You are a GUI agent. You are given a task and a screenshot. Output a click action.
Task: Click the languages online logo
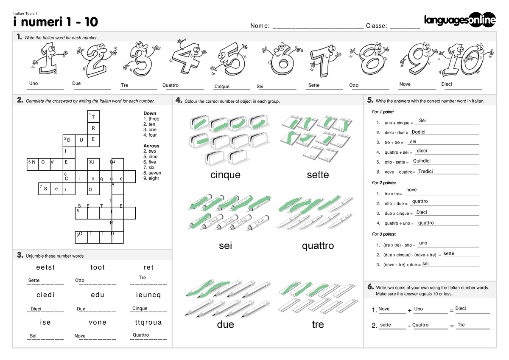pyautogui.click(x=460, y=20)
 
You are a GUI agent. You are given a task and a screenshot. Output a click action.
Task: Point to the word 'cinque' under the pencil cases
pyautogui.click(x=225, y=175)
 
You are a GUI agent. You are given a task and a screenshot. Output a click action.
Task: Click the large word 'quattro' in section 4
pyautogui.click(x=318, y=246)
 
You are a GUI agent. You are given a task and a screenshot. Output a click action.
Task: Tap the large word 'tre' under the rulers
pyautogui.click(x=318, y=325)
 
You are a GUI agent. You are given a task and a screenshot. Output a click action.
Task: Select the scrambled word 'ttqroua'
pyautogui.click(x=148, y=322)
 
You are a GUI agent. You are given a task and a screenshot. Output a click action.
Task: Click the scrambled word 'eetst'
pyautogui.click(x=46, y=267)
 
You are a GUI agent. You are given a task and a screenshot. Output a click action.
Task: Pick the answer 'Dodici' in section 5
pyautogui.click(x=418, y=132)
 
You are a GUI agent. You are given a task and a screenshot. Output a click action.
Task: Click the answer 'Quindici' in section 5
pyautogui.click(x=422, y=161)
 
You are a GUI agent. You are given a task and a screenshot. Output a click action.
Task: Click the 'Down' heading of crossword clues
pyautogui.click(x=150, y=114)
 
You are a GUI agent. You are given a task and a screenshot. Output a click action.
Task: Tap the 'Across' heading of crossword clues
pyautogui.click(x=151, y=146)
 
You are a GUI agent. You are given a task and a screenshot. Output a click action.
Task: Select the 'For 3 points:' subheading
pyautogui.click(x=384, y=234)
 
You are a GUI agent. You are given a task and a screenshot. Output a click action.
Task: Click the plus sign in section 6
pyautogui.click(x=410, y=311)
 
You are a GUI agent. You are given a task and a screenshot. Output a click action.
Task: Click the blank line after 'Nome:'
pyautogui.click(x=318, y=26)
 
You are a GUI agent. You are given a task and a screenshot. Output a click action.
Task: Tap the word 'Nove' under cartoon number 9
pyautogui.click(x=405, y=84)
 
